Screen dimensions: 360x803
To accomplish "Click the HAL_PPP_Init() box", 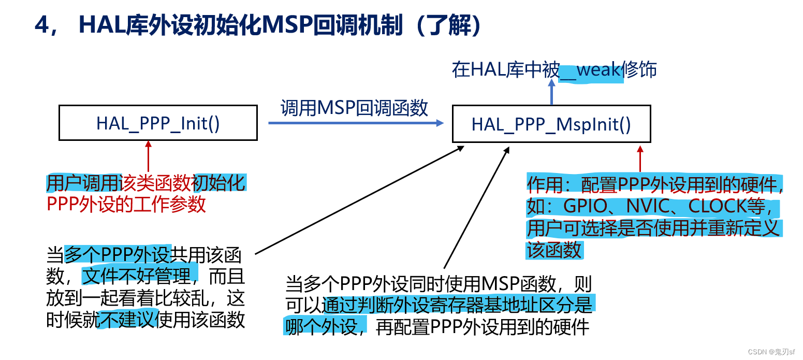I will pyautogui.click(x=158, y=123).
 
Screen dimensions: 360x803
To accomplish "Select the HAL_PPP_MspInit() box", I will pyautogui.click(x=551, y=124).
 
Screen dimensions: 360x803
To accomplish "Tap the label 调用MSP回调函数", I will pyautogui.click(x=355, y=107).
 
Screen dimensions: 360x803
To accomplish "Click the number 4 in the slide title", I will pyautogui.click(x=42, y=25).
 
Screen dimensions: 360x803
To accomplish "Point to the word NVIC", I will pyautogui.click(x=648, y=206).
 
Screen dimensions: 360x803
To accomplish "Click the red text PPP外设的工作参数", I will pyautogui.click(x=126, y=204).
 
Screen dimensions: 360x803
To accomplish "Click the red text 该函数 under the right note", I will pyautogui.click(x=554, y=250).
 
